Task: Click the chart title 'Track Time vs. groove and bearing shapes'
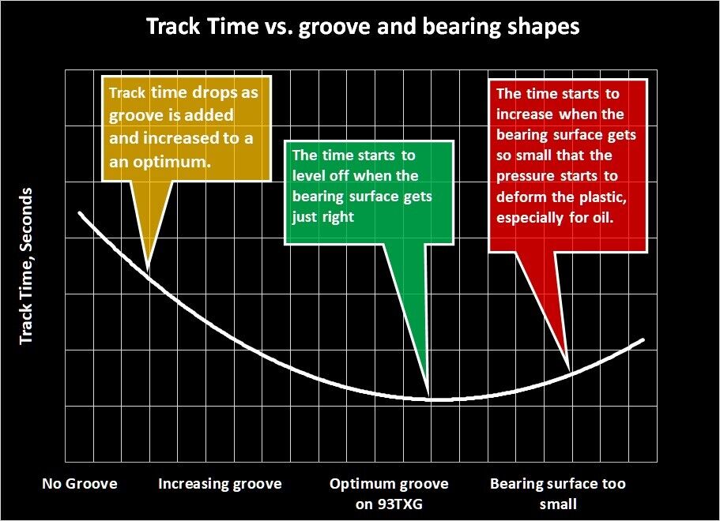pyautogui.click(x=363, y=26)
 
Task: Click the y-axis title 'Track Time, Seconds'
pyautogui.click(x=26, y=265)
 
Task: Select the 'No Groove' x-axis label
pyautogui.click(x=80, y=483)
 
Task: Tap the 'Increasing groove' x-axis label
pyautogui.click(x=220, y=484)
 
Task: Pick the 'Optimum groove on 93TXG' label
pyautogui.click(x=389, y=494)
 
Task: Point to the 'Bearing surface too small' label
pyautogui.click(x=558, y=494)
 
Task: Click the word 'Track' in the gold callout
pyautogui.click(x=127, y=92)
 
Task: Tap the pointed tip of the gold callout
pyautogui.click(x=147, y=271)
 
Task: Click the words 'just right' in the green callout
pyautogui.click(x=322, y=217)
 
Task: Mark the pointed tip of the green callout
pyautogui.click(x=428, y=396)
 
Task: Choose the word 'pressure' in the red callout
pyautogui.click(x=526, y=177)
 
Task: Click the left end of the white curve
pyautogui.click(x=80, y=213)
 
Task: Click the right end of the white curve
pyautogui.click(x=643, y=340)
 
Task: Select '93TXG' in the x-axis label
pyautogui.click(x=399, y=504)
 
